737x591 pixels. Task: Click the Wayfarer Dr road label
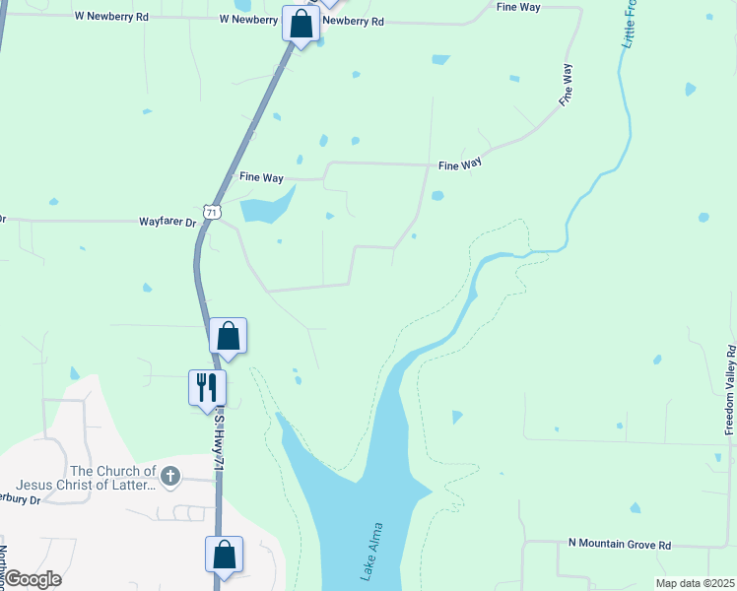pyautogui.click(x=168, y=223)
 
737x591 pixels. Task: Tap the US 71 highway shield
pyautogui.click(x=213, y=211)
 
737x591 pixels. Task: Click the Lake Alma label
pyautogui.click(x=371, y=553)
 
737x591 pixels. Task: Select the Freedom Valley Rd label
pyautogui.click(x=730, y=390)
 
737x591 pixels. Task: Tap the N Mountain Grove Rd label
pyautogui.click(x=620, y=545)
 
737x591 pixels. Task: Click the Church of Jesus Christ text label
pyautogui.click(x=113, y=478)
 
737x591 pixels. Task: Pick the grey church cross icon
pyautogui.click(x=170, y=478)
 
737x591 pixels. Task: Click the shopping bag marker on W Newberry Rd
pyautogui.click(x=301, y=23)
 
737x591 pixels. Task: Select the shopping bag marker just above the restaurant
pyautogui.click(x=228, y=336)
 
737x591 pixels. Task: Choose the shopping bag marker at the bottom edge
pyautogui.click(x=224, y=554)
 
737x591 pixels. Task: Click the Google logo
pyautogui.click(x=32, y=579)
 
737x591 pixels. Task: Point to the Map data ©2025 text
pyautogui.click(x=694, y=583)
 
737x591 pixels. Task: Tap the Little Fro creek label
pyautogui.click(x=628, y=26)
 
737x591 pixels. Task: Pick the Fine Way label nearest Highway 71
pyautogui.click(x=261, y=177)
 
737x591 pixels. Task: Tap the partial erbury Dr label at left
pyautogui.click(x=21, y=500)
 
